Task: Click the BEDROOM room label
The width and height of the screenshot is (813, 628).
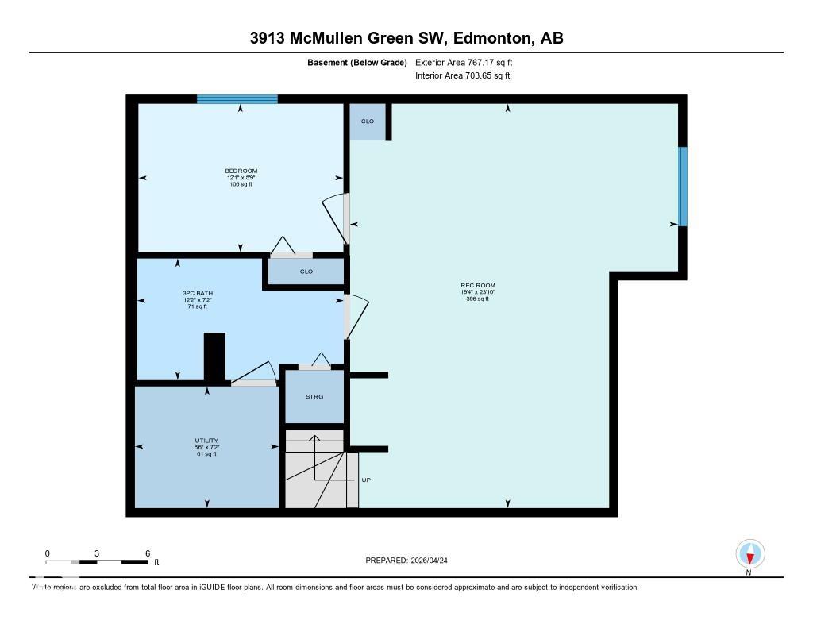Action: [241, 171]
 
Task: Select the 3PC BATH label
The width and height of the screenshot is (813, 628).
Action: [197, 293]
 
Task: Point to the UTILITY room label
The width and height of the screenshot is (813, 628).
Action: [206, 441]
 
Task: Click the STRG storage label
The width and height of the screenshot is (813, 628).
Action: [314, 396]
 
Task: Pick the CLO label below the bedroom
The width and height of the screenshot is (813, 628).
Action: [306, 272]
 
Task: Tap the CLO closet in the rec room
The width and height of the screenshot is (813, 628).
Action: [368, 121]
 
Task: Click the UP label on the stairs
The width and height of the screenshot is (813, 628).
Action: [366, 480]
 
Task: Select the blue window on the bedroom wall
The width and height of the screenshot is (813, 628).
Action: [237, 99]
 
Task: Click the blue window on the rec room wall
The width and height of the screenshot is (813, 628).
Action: [682, 187]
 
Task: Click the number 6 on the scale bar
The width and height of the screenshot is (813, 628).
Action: [148, 553]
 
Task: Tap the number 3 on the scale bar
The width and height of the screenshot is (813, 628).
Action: [98, 553]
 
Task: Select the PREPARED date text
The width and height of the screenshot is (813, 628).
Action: [412, 561]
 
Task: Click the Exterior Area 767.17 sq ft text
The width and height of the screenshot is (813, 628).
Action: [469, 62]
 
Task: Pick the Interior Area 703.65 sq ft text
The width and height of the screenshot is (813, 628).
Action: [462, 76]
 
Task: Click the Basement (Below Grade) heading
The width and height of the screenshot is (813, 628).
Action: [356, 62]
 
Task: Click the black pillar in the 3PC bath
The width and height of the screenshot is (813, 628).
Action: [215, 357]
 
